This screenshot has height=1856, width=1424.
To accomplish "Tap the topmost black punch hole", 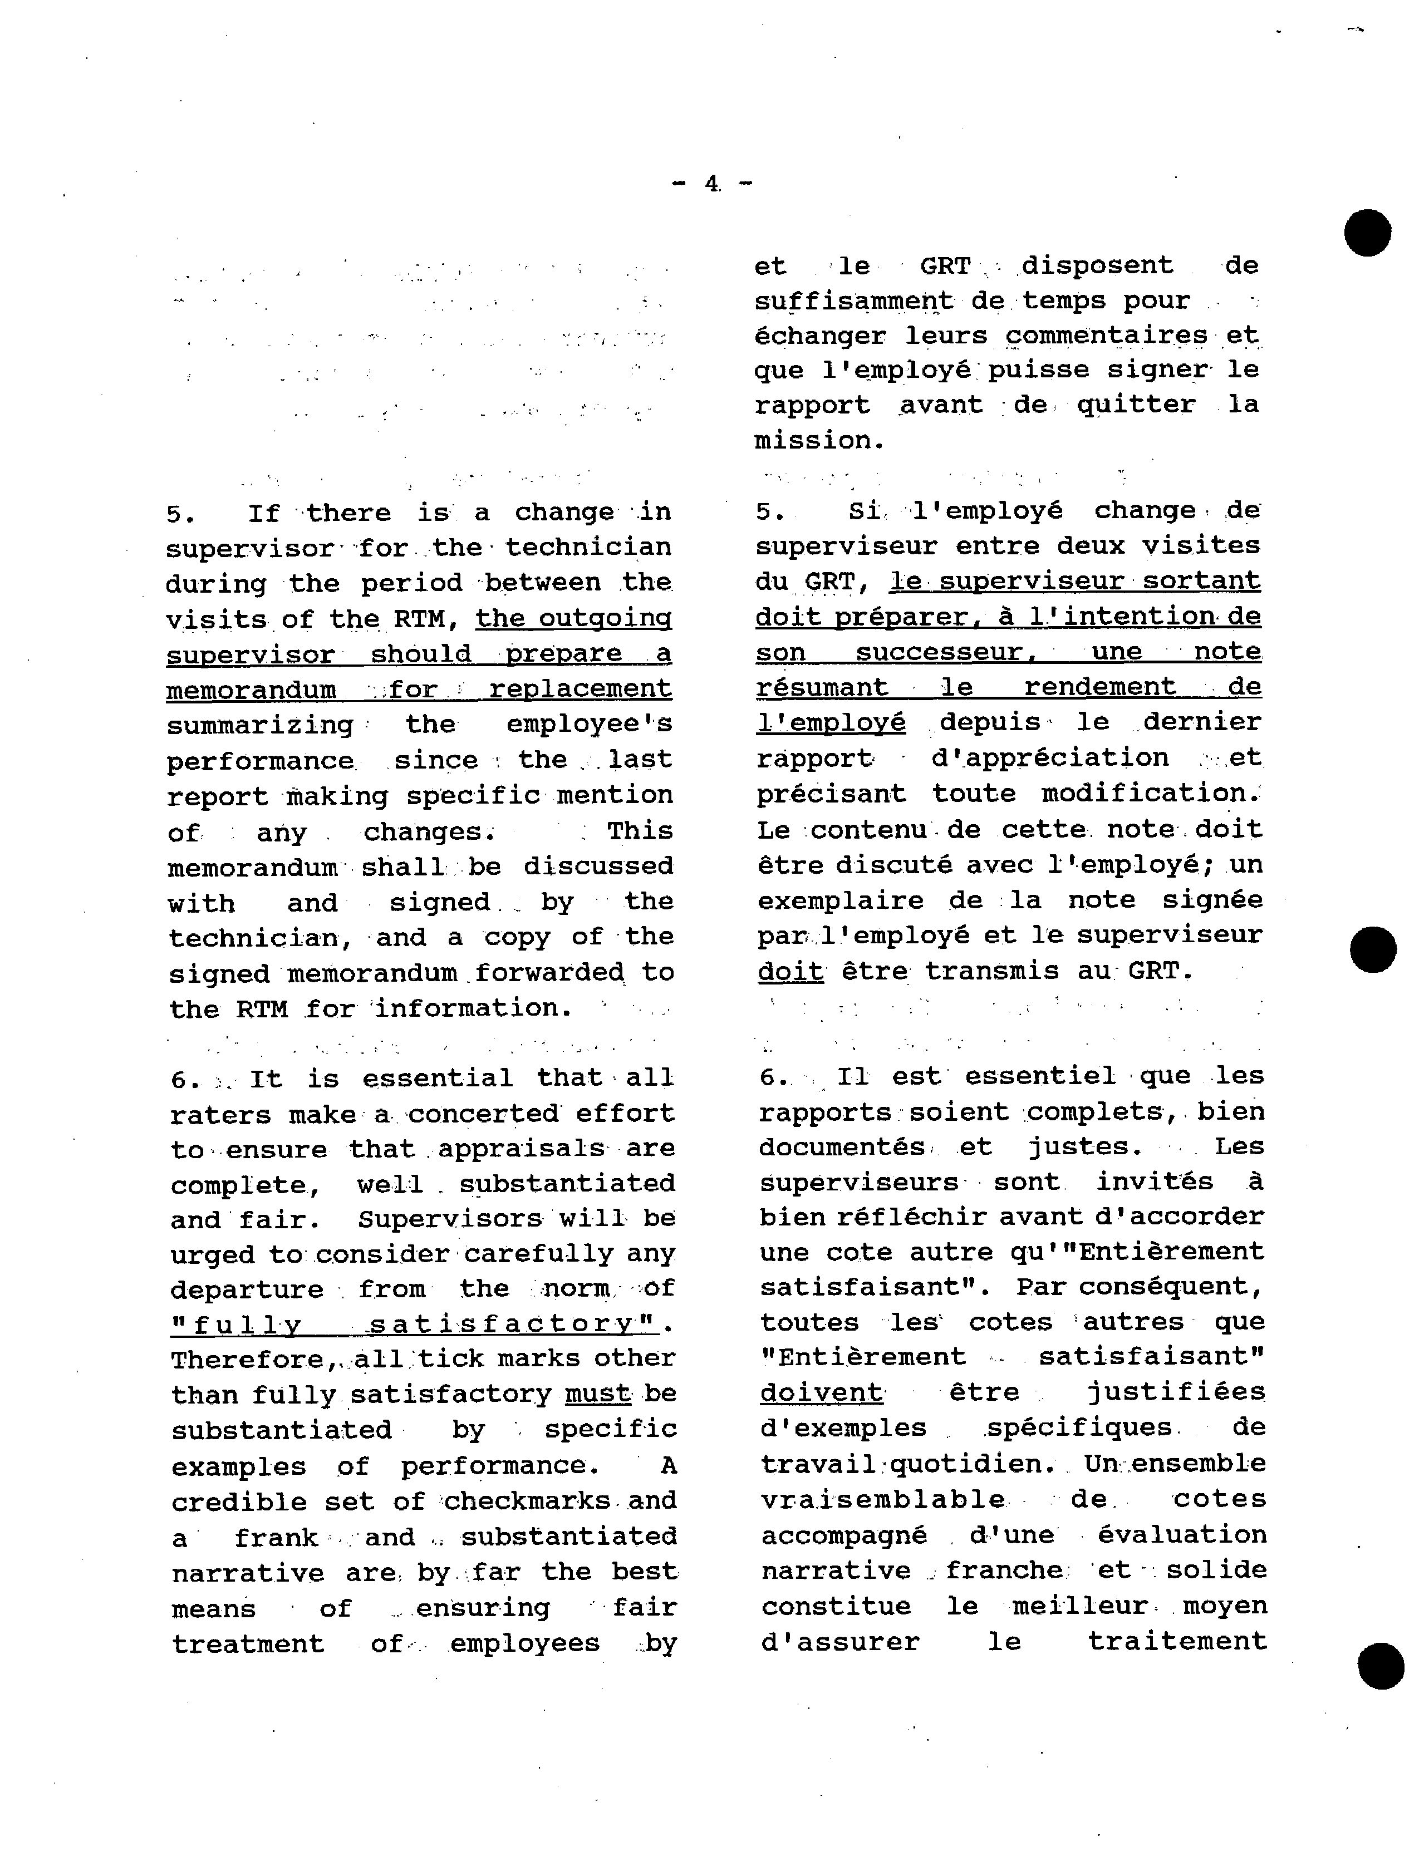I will coord(1367,232).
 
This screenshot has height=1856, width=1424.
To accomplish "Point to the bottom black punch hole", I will coord(1381,1665).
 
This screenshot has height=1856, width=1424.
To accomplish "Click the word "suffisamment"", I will coord(853,301).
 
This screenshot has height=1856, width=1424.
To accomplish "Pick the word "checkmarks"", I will coord(527,1501).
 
